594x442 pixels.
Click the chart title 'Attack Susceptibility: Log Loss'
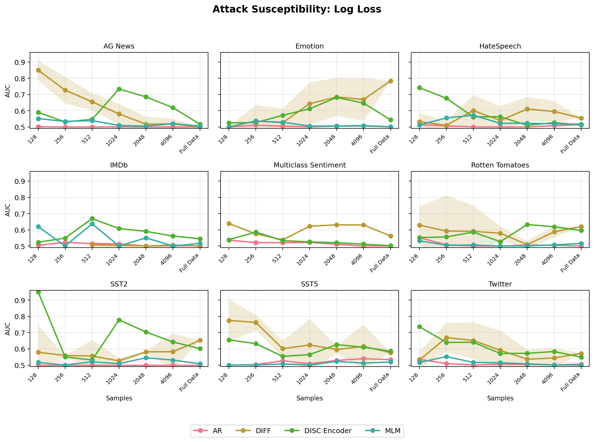point(297,9)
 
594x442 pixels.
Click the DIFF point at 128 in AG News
point(38,70)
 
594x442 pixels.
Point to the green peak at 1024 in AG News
point(119,89)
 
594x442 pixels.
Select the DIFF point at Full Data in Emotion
point(391,81)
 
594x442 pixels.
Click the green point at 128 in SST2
point(38,292)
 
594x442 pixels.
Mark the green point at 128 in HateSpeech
point(419,88)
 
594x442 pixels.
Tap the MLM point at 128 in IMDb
point(38,227)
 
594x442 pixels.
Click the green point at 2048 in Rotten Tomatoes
point(527,225)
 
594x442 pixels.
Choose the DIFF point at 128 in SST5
point(229,321)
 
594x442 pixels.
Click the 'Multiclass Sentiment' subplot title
point(310,165)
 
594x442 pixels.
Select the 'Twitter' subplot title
point(500,284)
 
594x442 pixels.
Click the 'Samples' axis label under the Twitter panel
point(500,398)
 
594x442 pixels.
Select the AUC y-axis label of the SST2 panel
point(8,329)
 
